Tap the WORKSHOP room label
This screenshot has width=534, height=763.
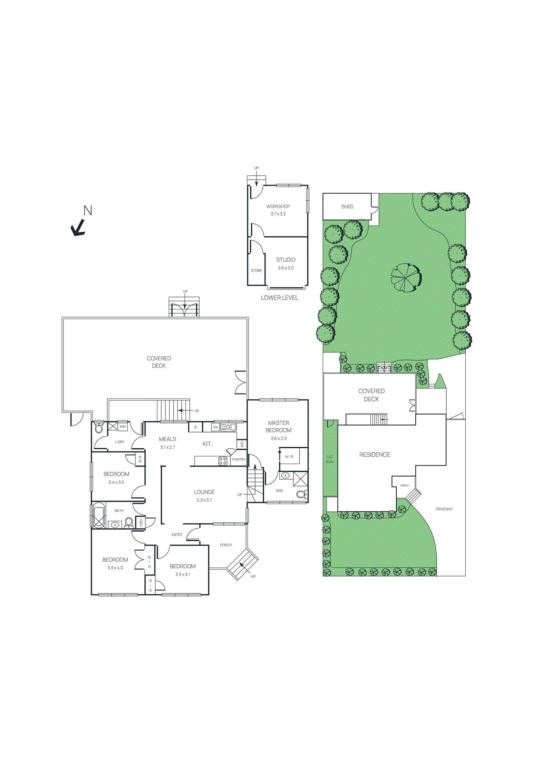pos(278,206)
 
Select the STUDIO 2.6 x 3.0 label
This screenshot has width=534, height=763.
pos(286,263)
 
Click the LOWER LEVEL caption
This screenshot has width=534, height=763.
pos(279,298)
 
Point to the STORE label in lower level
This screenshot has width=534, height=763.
pos(256,271)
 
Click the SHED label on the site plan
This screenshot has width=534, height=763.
pos(347,206)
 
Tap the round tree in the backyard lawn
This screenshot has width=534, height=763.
pos(406,278)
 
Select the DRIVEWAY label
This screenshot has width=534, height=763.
pos(444,509)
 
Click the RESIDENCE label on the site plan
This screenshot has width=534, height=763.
pos(375,455)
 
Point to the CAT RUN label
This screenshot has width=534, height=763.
pos(330,459)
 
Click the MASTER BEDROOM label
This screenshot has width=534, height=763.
pos(278,426)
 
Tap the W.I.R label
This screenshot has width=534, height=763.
pos(289,457)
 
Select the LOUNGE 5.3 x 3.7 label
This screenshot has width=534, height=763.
pos(204,495)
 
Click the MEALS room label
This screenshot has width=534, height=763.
pos(167,439)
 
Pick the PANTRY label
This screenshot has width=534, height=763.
pos(238,460)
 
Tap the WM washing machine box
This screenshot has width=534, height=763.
pos(123,427)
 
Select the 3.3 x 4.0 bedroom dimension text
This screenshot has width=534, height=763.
pos(115,568)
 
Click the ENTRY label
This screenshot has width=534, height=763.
pos(177,535)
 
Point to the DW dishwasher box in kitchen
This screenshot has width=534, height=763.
pos(216,427)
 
